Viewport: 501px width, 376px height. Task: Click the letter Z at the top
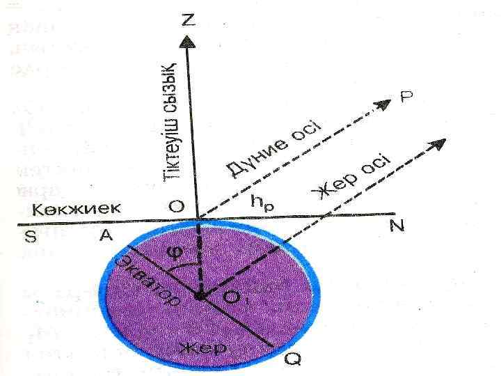click(189, 20)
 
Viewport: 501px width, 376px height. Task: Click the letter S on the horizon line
click(31, 236)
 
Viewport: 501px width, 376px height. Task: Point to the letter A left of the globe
click(106, 236)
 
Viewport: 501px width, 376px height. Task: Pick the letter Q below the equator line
click(294, 359)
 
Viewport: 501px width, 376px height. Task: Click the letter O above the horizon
click(176, 206)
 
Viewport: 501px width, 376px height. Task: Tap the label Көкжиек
click(77, 207)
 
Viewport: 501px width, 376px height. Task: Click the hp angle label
click(262, 203)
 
